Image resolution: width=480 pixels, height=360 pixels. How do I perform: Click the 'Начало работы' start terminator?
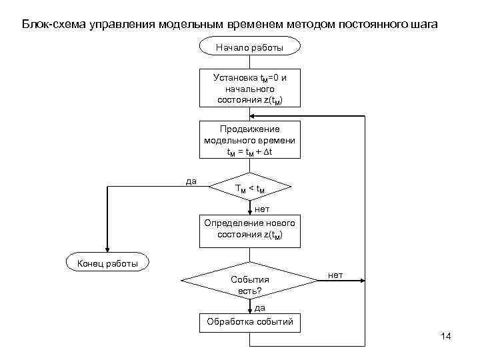[250, 47]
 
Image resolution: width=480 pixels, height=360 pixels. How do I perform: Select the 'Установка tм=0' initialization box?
[250, 89]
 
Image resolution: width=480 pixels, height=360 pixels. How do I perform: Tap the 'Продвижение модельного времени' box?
[250, 141]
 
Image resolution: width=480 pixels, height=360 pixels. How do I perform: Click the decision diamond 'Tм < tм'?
[250, 190]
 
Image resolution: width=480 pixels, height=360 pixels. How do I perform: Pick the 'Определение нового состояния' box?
[250, 229]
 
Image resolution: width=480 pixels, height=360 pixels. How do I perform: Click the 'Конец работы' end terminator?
[107, 263]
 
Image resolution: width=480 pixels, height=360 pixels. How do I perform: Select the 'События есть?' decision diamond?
[250, 285]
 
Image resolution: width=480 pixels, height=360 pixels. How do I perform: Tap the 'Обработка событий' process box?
[250, 323]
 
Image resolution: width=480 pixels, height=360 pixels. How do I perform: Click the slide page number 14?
[446, 337]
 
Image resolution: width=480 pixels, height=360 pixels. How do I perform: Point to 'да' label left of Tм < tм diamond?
[191, 181]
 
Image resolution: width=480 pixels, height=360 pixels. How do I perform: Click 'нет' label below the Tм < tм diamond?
[262, 209]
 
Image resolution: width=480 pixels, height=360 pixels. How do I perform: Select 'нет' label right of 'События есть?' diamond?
[336, 275]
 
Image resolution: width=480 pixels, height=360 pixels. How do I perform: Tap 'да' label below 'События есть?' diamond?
[259, 307]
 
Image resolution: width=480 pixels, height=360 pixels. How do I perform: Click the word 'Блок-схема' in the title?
[50, 25]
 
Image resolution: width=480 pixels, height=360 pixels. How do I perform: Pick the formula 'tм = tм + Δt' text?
[250, 152]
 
